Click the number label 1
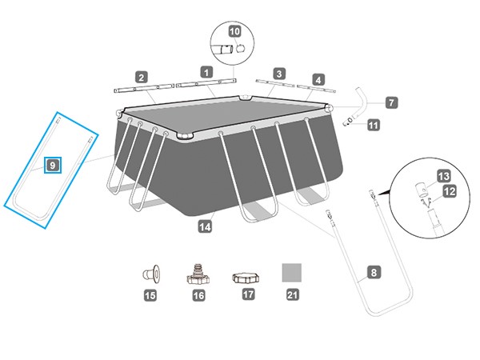point(206,72)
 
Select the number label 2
point(141,78)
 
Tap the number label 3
point(279,74)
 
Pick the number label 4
point(318,79)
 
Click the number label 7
point(390,102)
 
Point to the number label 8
point(373,272)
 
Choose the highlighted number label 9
point(52,165)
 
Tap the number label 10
point(234,31)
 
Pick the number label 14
point(207,226)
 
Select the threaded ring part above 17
point(244,277)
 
